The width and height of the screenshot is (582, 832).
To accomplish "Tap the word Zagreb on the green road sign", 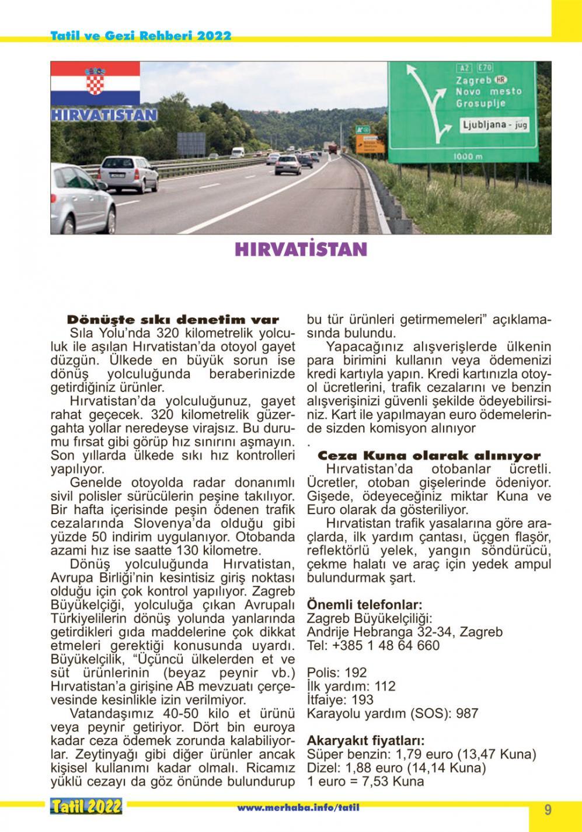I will [x=473, y=80].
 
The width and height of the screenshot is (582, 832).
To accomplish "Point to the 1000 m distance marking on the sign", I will [x=468, y=156].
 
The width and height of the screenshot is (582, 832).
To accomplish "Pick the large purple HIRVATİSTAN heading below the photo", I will [x=301, y=250].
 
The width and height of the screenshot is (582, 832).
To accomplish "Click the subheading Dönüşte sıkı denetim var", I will [x=173, y=320].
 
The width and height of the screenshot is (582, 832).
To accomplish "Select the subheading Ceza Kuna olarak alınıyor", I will [x=429, y=456].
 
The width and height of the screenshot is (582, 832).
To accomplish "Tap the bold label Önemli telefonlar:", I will [x=365, y=604].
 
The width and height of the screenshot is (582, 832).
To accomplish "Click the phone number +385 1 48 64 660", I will [x=386, y=645].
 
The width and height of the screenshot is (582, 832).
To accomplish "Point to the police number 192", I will [x=356, y=672].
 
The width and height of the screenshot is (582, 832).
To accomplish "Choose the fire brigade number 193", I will [x=363, y=700].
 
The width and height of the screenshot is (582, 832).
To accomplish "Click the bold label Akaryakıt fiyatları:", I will [x=366, y=740].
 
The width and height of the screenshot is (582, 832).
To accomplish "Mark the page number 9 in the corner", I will [x=548, y=810].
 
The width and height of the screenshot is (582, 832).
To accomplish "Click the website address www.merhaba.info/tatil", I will [x=298, y=807].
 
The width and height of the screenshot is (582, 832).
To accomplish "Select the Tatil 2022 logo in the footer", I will [x=86, y=807].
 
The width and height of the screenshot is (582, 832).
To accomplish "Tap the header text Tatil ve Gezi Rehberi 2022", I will [x=141, y=36].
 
